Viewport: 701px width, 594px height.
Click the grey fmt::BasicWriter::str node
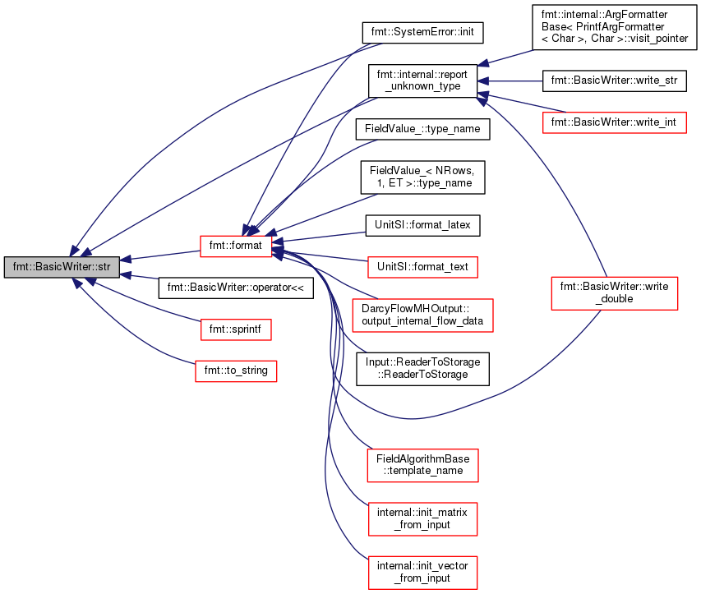pyautogui.click(x=62, y=267)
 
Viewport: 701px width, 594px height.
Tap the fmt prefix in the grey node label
pyautogui.click(x=21, y=267)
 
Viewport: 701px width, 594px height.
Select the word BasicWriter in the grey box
pyautogui.click(x=65, y=267)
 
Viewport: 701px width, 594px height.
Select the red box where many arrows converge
pyautogui.click(x=236, y=246)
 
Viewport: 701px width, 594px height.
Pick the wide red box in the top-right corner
pyautogui.click(x=614, y=122)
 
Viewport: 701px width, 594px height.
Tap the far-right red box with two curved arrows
pyautogui.click(x=614, y=293)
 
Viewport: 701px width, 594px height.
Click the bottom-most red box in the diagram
pyautogui.click(x=422, y=573)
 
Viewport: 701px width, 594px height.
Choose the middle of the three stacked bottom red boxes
pyautogui.click(x=422, y=519)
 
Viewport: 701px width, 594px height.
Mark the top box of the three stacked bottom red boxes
pyautogui.click(x=422, y=466)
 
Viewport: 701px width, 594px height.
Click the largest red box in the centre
pyautogui.click(x=422, y=315)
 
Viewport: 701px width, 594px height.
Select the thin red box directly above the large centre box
pyautogui.click(x=422, y=267)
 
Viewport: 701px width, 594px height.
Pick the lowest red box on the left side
pyautogui.click(x=236, y=371)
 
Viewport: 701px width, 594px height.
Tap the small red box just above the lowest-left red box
pyautogui.click(x=236, y=329)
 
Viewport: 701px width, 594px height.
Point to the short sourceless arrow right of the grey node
pyautogui.click(x=140, y=276)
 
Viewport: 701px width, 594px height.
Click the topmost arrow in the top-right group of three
pyautogui.click(x=506, y=57)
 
